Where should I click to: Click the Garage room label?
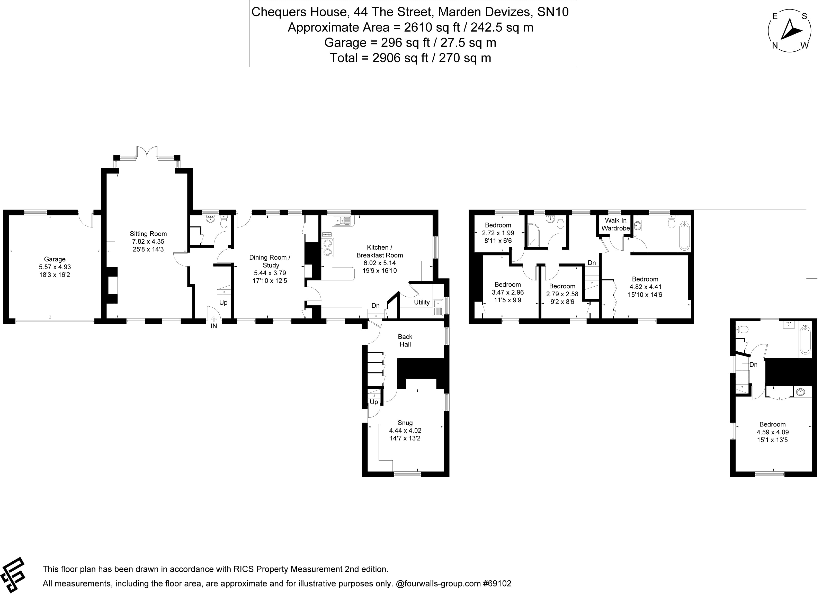pyautogui.click(x=55, y=259)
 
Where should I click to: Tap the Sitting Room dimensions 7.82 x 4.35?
pyautogui.click(x=148, y=242)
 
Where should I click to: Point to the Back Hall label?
pyautogui.click(x=405, y=341)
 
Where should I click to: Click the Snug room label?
pyautogui.click(x=405, y=423)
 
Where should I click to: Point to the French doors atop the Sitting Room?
pyautogui.click(x=147, y=152)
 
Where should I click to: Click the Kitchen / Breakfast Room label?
pyautogui.click(x=379, y=251)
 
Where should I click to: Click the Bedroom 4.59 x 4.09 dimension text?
pyautogui.click(x=772, y=432)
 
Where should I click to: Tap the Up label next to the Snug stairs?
pyautogui.click(x=374, y=402)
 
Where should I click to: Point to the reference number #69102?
pyautogui.click(x=497, y=583)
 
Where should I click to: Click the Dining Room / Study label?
pyautogui.click(x=270, y=261)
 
